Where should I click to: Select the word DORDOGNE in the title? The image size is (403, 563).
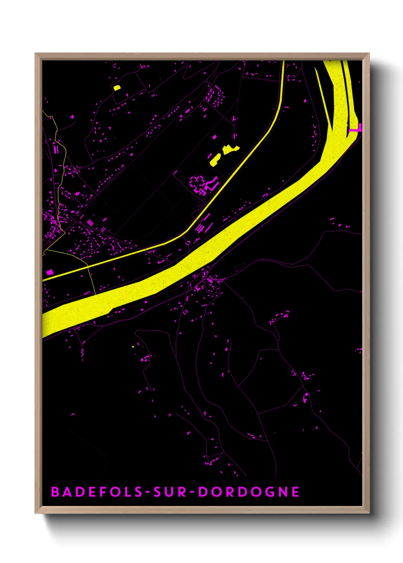[x=249, y=492]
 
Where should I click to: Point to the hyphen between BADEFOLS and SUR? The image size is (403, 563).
[x=148, y=492]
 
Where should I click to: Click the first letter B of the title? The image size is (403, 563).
[x=56, y=492]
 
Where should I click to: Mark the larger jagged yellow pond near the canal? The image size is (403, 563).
[x=230, y=149]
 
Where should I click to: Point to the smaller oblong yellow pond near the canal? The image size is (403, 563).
[x=215, y=160]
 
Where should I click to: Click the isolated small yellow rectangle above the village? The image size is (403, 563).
[x=117, y=88]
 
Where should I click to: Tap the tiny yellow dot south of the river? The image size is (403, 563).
[x=133, y=347]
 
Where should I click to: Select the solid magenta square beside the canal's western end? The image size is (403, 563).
[x=49, y=272]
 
